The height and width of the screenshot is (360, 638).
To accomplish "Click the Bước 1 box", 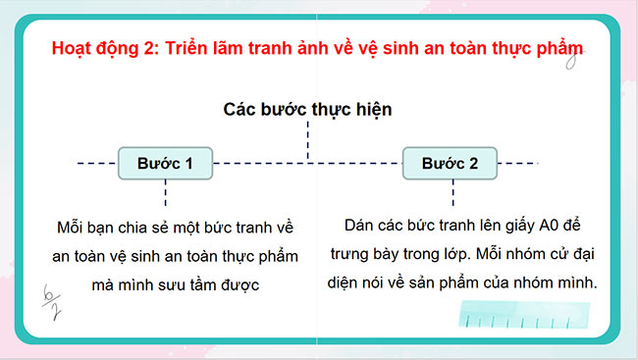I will point(165,163).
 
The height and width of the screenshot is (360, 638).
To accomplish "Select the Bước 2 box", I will point(450,163).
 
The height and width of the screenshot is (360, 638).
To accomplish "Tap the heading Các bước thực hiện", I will point(307,109).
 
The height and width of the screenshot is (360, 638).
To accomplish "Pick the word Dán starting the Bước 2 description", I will point(363,224).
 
